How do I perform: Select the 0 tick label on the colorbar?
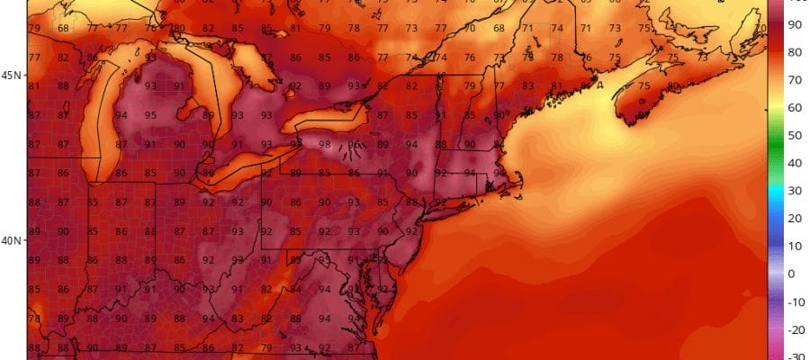[x=792, y=274]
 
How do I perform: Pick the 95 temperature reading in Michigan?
[x=150, y=115]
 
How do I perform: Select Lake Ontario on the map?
[x=333, y=116]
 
